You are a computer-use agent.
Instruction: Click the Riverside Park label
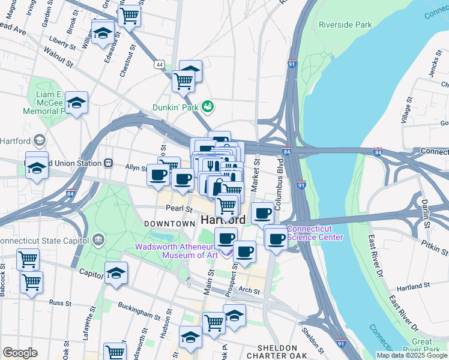click(345, 25)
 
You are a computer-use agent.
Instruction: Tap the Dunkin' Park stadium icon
click(208, 106)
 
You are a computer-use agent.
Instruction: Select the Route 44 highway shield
click(159, 64)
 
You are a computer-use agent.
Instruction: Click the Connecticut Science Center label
click(315, 233)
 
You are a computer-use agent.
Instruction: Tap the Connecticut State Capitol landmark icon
click(99, 241)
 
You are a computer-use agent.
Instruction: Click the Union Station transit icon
click(109, 162)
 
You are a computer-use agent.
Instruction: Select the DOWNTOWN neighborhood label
click(170, 223)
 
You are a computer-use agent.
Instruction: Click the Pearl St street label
click(179, 209)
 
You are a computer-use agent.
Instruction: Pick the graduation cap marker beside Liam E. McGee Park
click(77, 103)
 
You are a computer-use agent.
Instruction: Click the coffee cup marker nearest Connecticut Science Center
click(276, 238)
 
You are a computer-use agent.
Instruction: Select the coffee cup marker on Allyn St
click(158, 175)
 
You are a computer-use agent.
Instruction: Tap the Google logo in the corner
click(20, 352)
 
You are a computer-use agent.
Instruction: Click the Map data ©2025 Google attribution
click(412, 355)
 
